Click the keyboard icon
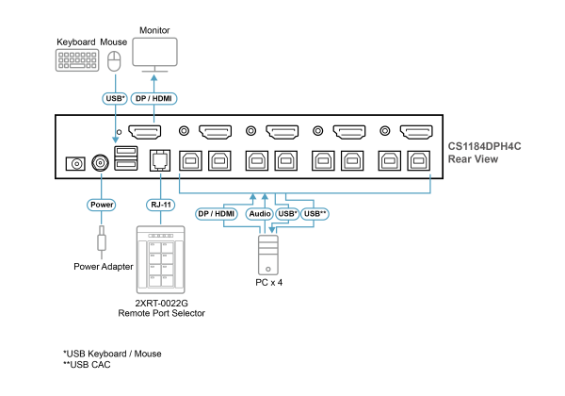77,60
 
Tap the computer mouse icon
115,61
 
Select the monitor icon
154,53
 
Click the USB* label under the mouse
115,98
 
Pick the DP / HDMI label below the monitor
153,98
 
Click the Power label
101,205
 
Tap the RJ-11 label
160,205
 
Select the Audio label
259,214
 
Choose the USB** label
315,214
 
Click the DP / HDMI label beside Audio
216,214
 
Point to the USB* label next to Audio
287,214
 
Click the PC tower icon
267,254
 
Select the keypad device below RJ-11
160,259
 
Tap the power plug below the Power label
101,241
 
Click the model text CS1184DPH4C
484,146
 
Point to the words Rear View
473,159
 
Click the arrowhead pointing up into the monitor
154,79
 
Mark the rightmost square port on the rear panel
418,161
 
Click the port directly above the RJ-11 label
160,159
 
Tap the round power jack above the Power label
101,162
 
